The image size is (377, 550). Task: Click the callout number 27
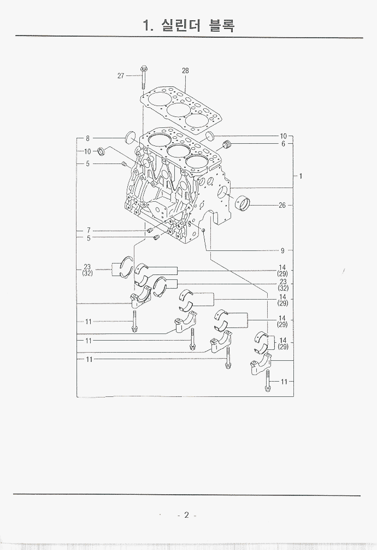pyautogui.click(x=121, y=76)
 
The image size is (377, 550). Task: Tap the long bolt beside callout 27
pyautogui.click(x=144, y=77)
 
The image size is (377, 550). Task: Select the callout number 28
pyautogui.click(x=185, y=71)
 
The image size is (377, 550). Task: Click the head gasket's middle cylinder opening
pyautogui.click(x=179, y=109)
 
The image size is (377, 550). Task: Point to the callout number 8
pyautogui.click(x=87, y=138)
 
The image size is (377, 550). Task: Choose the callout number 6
pyautogui.click(x=284, y=144)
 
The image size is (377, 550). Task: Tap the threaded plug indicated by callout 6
pyautogui.click(x=228, y=144)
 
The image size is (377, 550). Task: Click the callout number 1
pyautogui.click(x=301, y=176)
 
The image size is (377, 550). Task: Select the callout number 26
pyautogui.click(x=282, y=205)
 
